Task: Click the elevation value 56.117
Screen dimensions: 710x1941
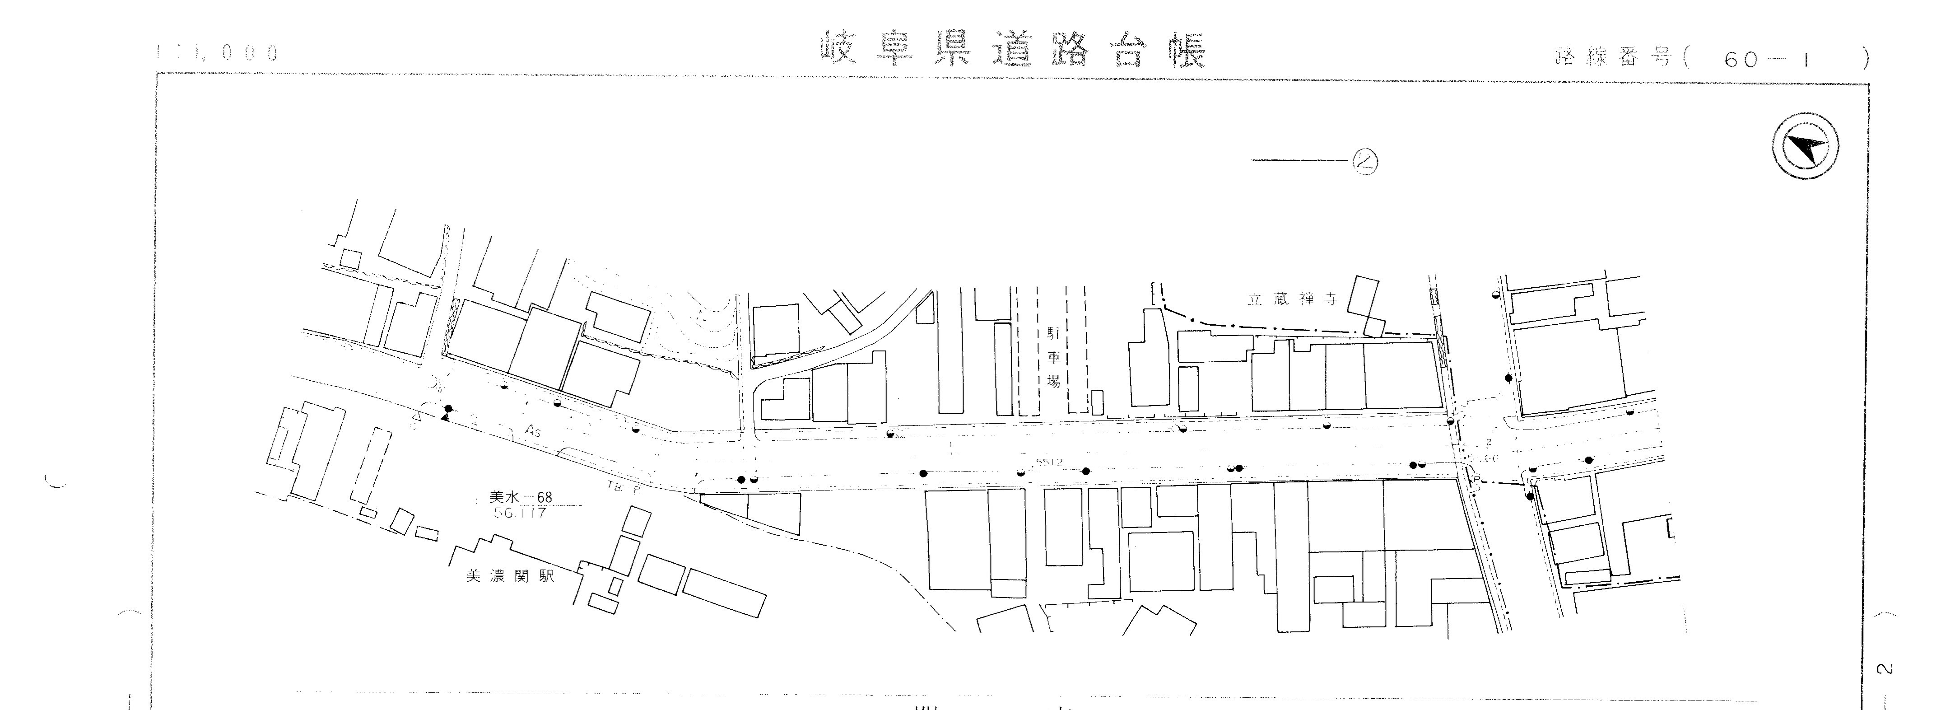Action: pos(520,513)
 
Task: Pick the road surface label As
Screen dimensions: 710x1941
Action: pos(534,432)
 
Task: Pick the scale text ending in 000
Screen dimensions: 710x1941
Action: pos(219,53)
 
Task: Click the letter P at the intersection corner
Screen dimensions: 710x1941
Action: pos(1477,479)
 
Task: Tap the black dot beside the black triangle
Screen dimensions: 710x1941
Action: pos(449,408)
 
